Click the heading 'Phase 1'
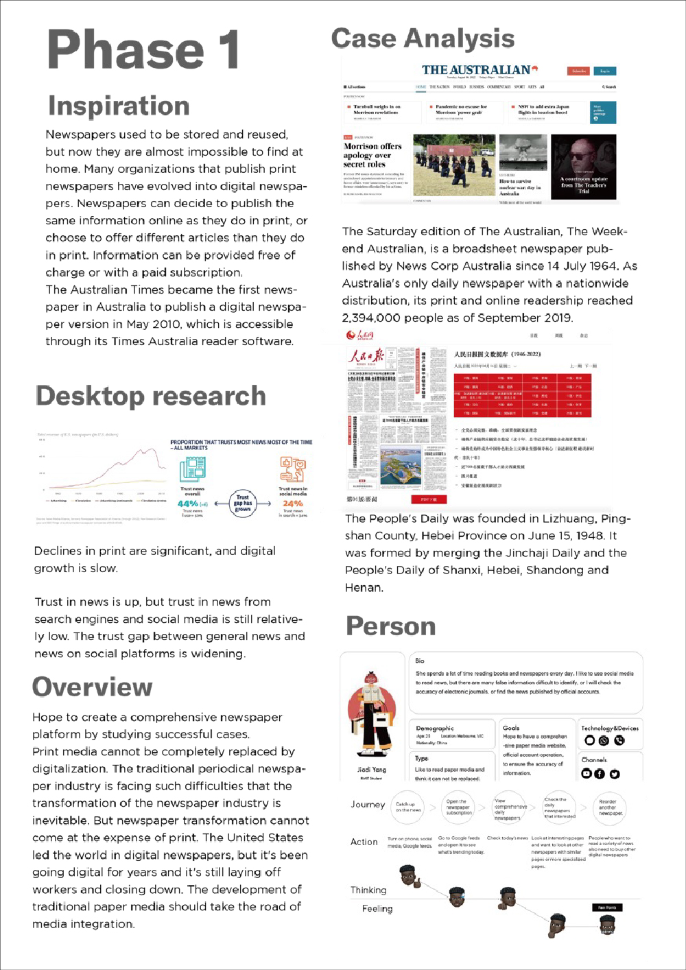click(143, 49)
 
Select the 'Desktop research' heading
click(150, 396)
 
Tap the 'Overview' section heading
click(92, 687)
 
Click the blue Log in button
click(604, 71)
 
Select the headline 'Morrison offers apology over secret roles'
click(372, 155)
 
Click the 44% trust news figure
click(188, 503)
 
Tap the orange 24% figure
click(293, 503)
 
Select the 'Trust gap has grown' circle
click(243, 503)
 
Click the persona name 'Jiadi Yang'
click(371, 770)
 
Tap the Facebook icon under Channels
click(600, 774)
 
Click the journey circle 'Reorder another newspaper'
click(609, 807)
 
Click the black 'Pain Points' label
click(606, 907)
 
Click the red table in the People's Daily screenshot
click(522, 395)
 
